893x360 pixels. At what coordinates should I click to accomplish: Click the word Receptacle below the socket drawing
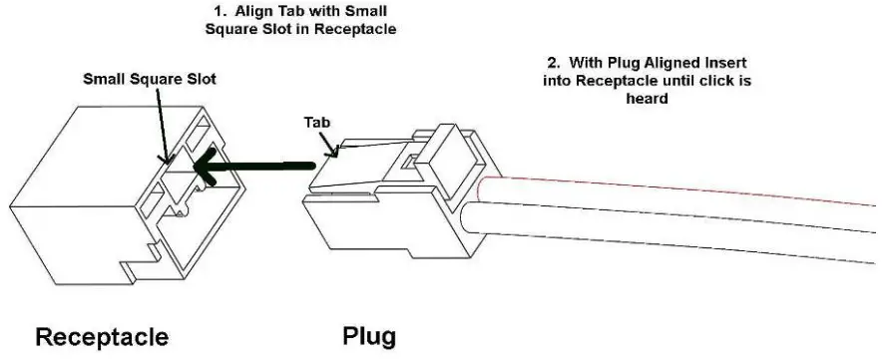[102, 336]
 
